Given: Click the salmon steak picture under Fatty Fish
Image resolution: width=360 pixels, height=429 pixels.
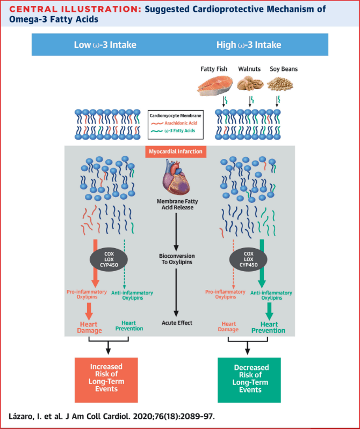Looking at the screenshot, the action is (x=215, y=85).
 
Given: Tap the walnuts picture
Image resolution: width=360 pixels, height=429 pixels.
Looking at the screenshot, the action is (x=250, y=83).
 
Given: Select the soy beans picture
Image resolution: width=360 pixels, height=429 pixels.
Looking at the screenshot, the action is (x=280, y=84).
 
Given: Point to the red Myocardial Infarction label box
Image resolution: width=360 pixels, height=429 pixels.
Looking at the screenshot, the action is (x=176, y=151).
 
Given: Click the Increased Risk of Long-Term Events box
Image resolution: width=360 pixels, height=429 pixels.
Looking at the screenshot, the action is (x=106, y=380).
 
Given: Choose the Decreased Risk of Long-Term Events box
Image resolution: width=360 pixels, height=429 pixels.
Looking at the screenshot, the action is (x=249, y=380).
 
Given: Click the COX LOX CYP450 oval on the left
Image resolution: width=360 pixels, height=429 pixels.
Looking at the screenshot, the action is (x=109, y=259).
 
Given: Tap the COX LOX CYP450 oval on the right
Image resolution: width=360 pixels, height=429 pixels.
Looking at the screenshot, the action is (x=248, y=259).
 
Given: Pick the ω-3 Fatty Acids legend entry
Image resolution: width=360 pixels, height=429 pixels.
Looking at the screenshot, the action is (x=173, y=130).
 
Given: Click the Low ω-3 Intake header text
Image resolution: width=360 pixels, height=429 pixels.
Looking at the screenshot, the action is (x=105, y=45).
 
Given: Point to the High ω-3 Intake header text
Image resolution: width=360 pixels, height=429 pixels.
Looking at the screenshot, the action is (x=249, y=45).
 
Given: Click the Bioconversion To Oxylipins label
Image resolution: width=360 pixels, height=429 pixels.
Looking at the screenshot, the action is (x=177, y=259).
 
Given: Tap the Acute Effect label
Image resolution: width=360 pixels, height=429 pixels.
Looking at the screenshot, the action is (x=177, y=323).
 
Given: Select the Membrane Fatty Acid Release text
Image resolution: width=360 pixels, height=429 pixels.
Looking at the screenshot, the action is (x=177, y=205).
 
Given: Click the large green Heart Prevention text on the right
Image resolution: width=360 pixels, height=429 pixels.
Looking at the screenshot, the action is (x=268, y=328).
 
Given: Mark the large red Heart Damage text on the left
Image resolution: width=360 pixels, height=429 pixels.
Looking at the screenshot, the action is (x=89, y=328).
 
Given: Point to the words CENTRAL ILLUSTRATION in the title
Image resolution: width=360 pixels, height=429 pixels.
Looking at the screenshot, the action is (x=75, y=9).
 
